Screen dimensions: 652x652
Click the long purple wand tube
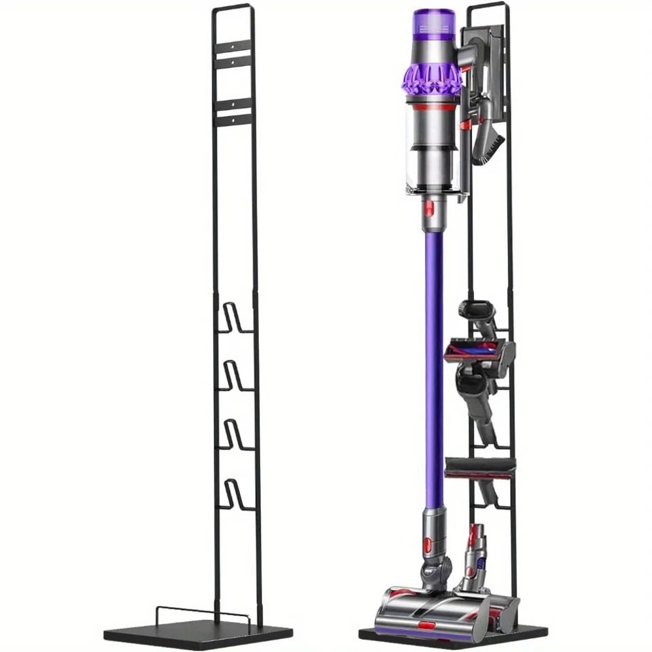(434, 365)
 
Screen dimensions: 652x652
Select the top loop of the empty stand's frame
(232, 8)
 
